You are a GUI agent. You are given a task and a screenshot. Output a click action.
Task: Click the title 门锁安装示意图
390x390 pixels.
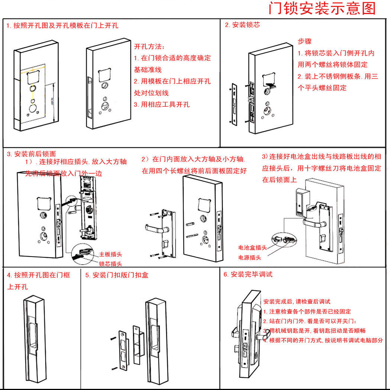322,8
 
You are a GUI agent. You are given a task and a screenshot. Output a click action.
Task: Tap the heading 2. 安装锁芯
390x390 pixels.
242,25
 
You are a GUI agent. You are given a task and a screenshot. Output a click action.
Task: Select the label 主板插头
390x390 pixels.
110,255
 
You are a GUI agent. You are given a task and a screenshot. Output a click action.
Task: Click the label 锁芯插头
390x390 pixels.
110,264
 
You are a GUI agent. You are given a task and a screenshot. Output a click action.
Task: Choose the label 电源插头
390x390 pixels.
249,257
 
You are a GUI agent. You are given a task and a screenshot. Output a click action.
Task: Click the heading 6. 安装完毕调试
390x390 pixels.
248,274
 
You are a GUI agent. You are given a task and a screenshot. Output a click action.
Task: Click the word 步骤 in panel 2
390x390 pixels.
304,41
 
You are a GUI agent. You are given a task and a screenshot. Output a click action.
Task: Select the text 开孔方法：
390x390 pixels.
149,47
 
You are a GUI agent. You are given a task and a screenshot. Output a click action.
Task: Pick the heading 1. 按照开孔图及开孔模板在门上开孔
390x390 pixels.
62,26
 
